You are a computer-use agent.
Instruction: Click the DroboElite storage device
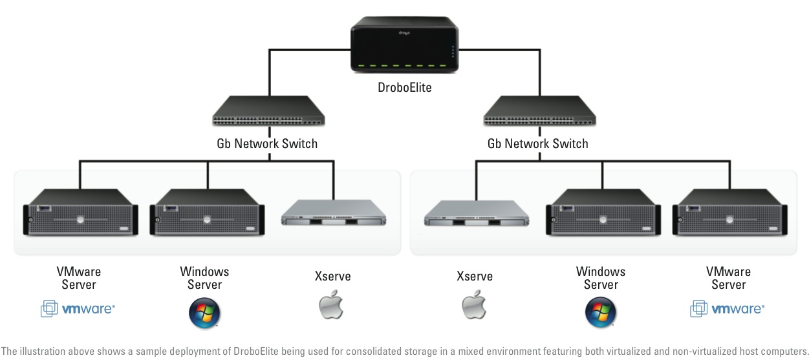coord(404,47)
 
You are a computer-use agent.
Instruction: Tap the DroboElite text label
coord(404,87)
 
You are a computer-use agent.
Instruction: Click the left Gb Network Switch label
coord(267,143)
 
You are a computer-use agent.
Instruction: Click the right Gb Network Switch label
coord(538,143)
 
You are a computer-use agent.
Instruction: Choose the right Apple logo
coord(474,306)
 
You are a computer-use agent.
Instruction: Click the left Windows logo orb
coord(204,313)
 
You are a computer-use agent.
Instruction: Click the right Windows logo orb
coord(601,313)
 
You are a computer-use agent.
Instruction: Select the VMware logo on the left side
coord(78,310)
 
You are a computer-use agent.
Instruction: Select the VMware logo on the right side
coord(728,310)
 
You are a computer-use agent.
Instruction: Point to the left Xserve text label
coord(332,277)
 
